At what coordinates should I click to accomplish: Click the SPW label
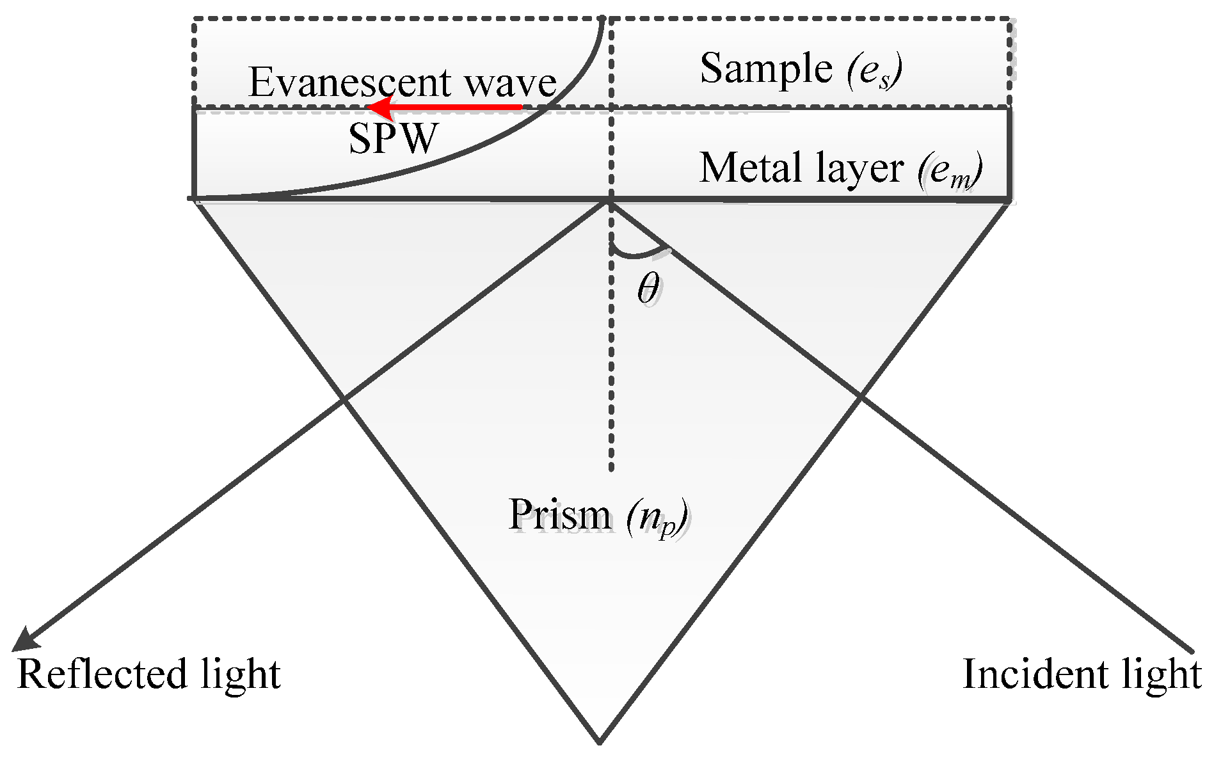(x=393, y=138)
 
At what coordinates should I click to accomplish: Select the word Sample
(x=765, y=68)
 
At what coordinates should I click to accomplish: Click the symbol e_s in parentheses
(x=874, y=70)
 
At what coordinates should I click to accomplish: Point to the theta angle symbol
(x=648, y=289)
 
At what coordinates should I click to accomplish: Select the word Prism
(x=560, y=515)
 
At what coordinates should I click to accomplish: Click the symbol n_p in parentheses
(x=657, y=517)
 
